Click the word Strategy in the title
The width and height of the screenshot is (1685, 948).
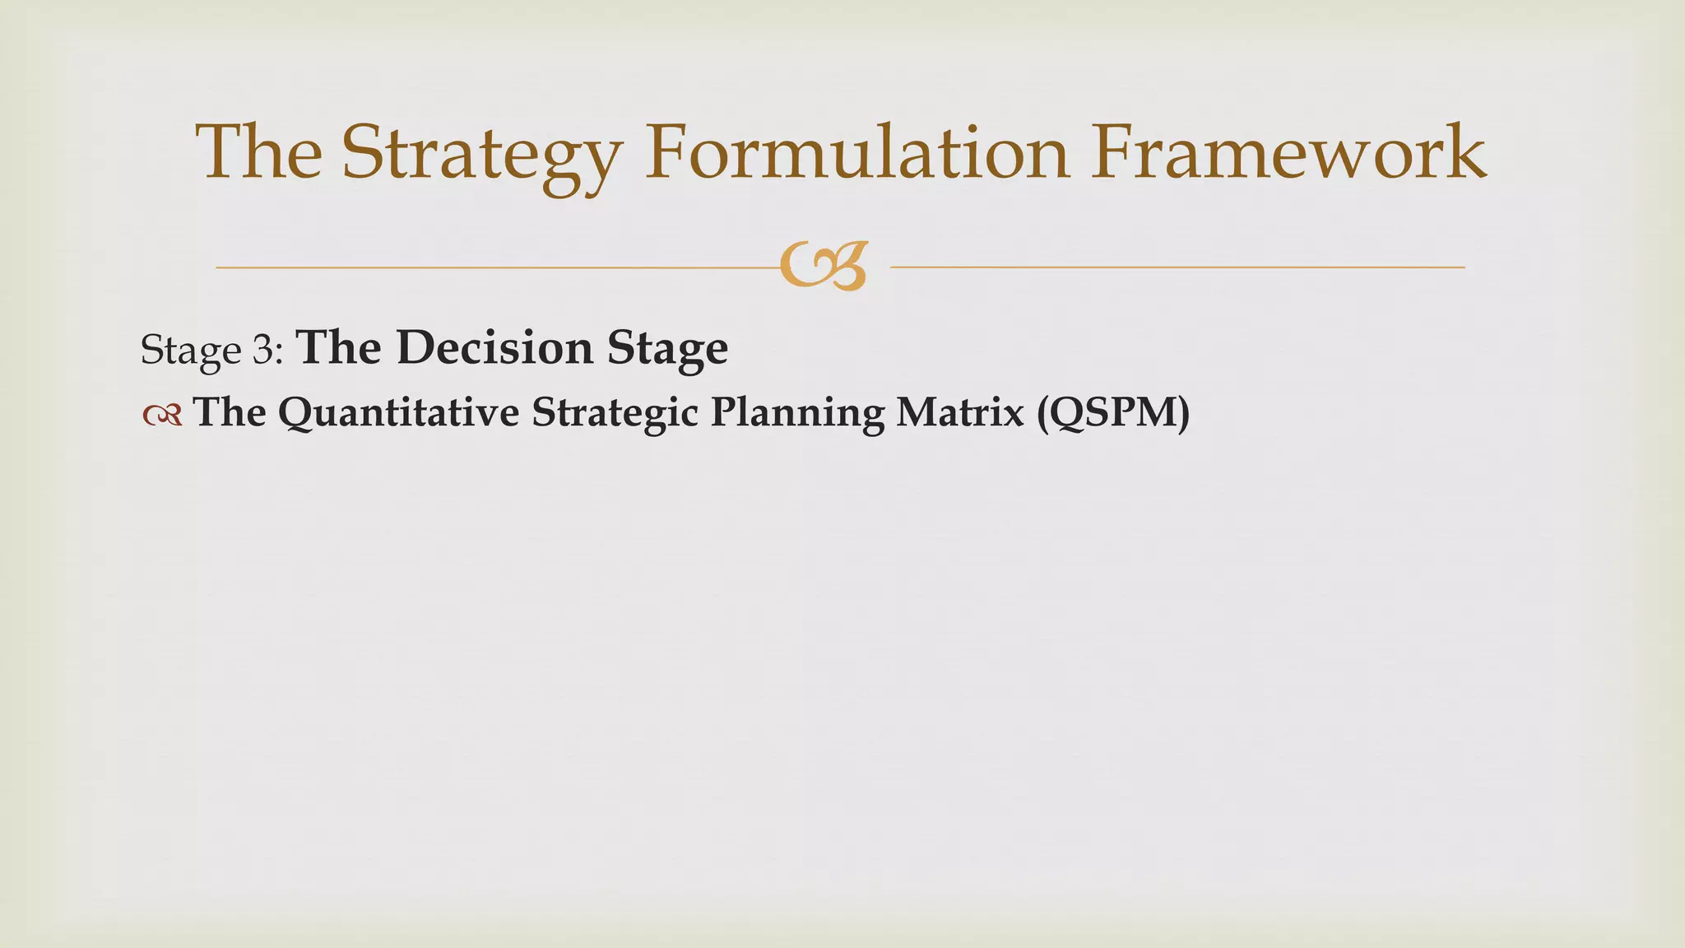pyautogui.click(x=482, y=155)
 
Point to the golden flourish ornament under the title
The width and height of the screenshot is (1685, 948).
pyautogui.click(x=824, y=266)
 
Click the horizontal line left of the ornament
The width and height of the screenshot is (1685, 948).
pyautogui.click(x=494, y=267)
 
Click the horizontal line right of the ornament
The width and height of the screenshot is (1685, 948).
pyautogui.click(x=1177, y=267)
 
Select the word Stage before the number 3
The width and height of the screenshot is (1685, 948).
pyautogui.click(x=190, y=351)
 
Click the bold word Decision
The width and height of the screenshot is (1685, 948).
pyautogui.click(x=494, y=347)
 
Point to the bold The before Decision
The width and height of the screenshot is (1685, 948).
pyautogui.click(x=338, y=347)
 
